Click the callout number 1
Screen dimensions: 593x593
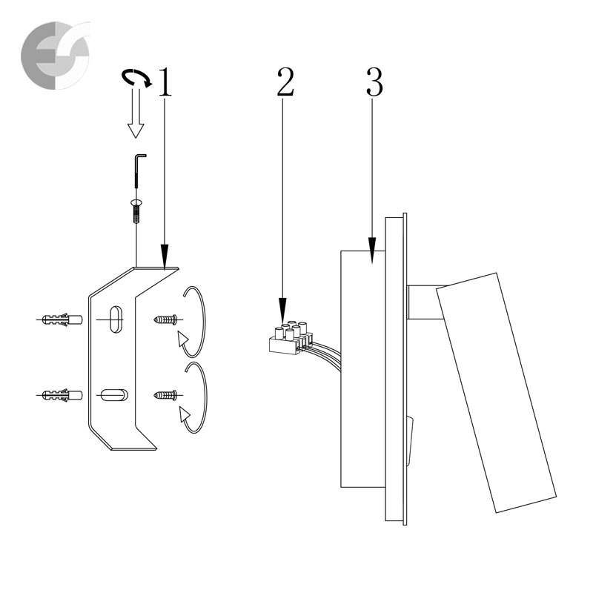click(x=165, y=82)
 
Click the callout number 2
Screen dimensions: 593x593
click(x=285, y=82)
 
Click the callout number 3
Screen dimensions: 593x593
click(x=374, y=82)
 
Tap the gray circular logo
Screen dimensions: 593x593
click(x=56, y=55)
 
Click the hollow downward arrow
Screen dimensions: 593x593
click(x=136, y=113)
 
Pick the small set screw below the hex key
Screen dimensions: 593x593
click(x=136, y=212)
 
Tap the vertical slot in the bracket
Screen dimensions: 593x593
click(x=116, y=319)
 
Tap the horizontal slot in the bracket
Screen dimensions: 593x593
click(x=114, y=395)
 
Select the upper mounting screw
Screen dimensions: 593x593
click(x=166, y=320)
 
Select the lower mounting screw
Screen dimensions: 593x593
click(x=166, y=396)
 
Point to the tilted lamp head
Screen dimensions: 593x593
click(x=496, y=393)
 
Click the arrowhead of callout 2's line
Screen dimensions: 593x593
click(x=282, y=311)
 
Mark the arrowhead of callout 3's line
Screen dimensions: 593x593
click(x=372, y=250)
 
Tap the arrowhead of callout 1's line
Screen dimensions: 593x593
click(x=164, y=256)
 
